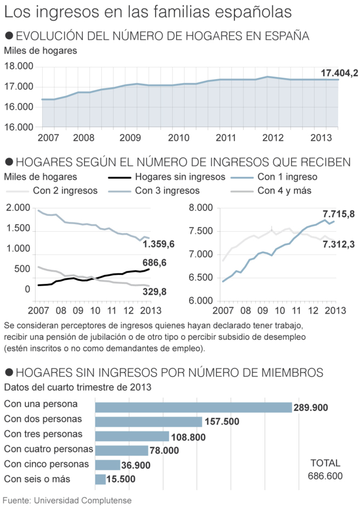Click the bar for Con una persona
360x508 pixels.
tap(193, 407)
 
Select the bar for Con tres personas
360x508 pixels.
tap(132, 436)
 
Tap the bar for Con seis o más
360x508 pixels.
tap(100, 480)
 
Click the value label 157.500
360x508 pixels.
tap(223, 422)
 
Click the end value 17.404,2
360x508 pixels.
tap(339, 73)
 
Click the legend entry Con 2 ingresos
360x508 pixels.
tap(65, 191)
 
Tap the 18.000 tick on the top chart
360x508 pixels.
tap(19, 67)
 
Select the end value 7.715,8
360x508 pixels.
tap(339, 214)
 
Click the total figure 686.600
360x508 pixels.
tap(325, 476)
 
